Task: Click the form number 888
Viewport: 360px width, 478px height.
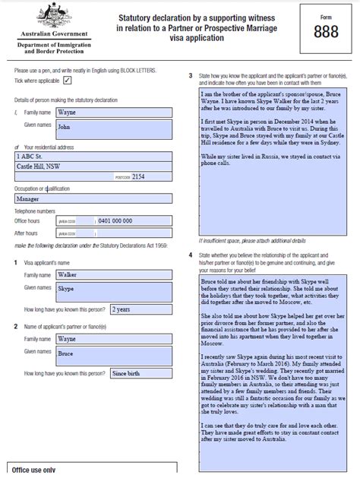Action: point(327,31)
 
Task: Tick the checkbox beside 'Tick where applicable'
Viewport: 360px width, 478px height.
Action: point(68,80)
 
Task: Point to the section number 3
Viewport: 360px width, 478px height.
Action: point(190,75)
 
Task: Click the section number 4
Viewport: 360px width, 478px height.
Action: point(190,255)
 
